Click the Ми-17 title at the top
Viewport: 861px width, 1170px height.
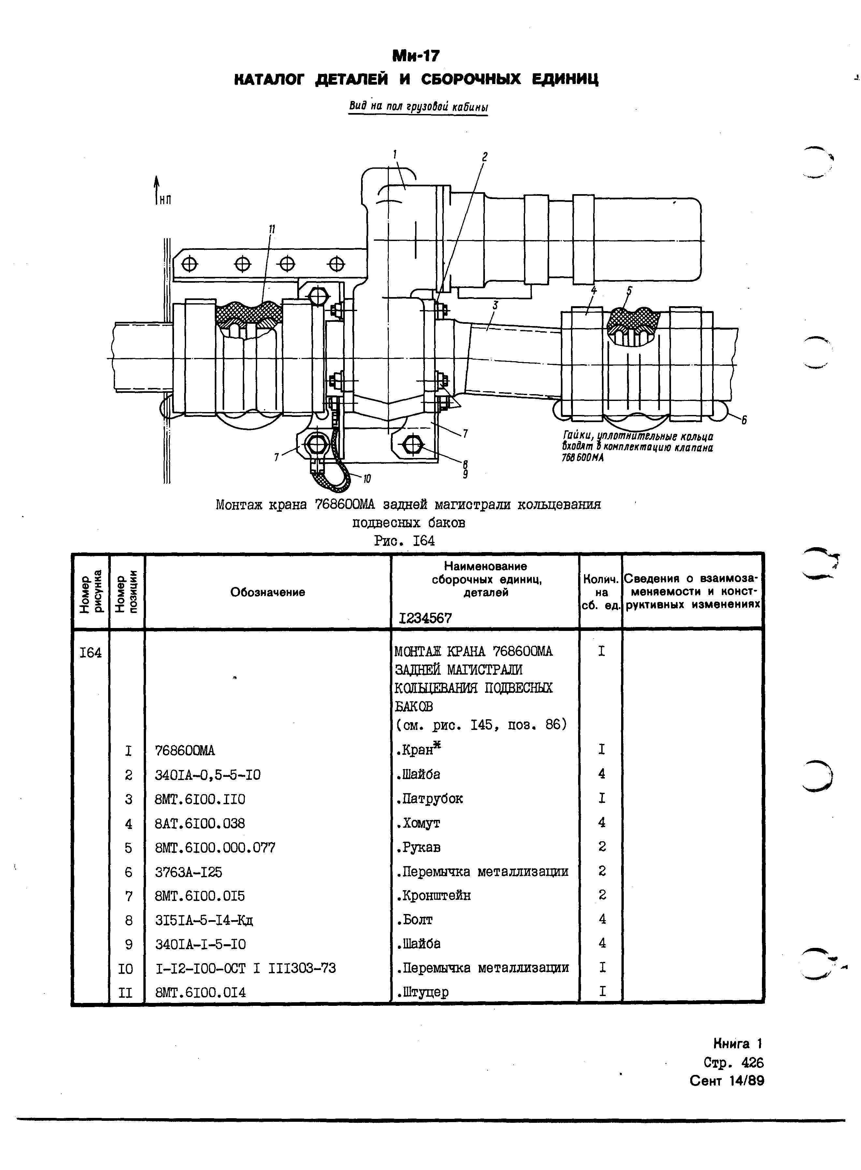(416, 55)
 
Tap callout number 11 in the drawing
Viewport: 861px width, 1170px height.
(271, 230)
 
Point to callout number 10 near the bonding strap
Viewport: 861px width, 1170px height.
(367, 478)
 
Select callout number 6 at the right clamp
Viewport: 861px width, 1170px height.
(744, 420)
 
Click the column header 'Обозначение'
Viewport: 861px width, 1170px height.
(267, 592)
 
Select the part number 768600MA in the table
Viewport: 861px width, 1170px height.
(185, 751)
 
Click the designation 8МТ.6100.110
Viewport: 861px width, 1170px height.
(200, 799)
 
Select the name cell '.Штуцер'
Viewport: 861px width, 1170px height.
(422, 992)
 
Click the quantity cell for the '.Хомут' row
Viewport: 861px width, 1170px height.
(602, 823)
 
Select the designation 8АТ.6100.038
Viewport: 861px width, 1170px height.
(200, 823)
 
